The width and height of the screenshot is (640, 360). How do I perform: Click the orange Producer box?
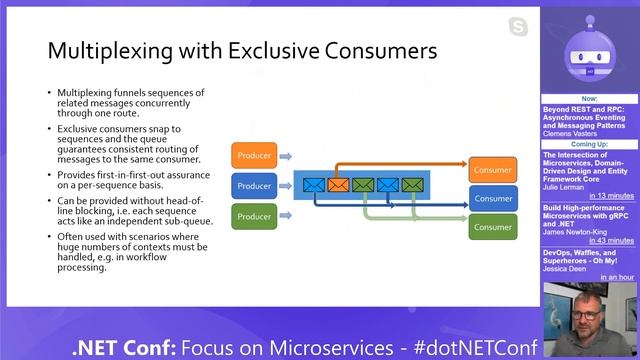pos(254,155)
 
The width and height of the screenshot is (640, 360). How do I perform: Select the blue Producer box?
pos(254,186)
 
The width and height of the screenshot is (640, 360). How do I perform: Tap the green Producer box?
pos(254,216)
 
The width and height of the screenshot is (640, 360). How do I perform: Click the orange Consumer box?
pos(493,170)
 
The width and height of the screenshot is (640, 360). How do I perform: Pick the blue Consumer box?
pos(493,198)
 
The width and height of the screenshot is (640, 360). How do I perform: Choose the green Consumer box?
pos(493,227)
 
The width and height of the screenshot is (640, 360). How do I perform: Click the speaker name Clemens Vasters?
pos(571,133)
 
